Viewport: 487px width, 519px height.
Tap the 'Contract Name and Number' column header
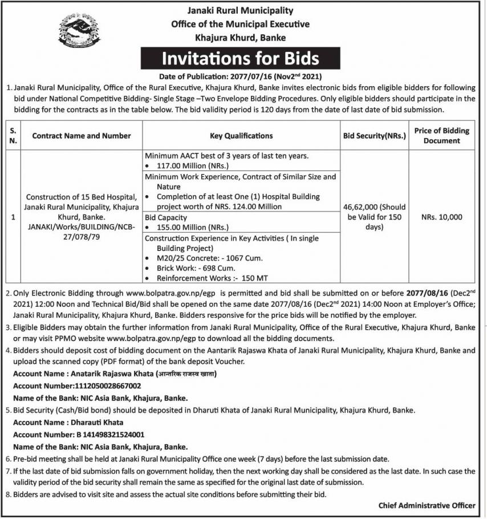tap(82, 136)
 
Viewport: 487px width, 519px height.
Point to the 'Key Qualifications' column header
tap(241, 136)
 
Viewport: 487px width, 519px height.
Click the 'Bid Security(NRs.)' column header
tap(374, 136)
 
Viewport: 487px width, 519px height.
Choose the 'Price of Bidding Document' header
tap(442, 135)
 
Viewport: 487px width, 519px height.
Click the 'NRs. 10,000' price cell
tap(442, 217)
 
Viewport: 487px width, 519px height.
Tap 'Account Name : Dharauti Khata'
tap(68, 423)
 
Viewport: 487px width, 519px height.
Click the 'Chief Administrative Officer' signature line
tap(427, 505)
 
